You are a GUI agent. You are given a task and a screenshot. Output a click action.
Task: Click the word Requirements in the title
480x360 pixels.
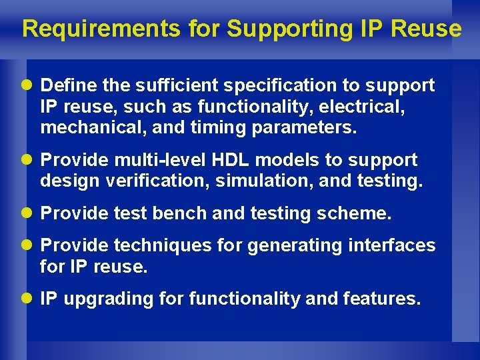point(101,29)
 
